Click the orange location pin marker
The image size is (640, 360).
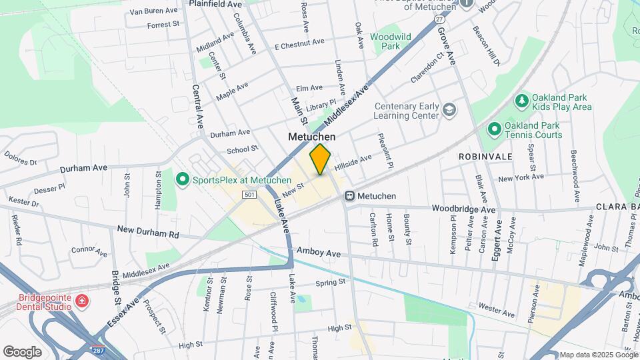pos(320,159)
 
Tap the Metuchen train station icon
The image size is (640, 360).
pos(349,196)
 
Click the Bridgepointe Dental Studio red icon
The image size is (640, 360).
pos(81,301)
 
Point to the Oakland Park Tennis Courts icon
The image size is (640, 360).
pos(494,129)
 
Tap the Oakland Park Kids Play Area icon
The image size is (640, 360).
pos(522,101)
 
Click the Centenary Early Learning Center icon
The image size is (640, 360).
pos(450,109)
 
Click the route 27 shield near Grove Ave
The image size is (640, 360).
pos(439,20)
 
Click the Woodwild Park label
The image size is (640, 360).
pos(385,41)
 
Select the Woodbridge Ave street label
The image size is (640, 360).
pos(463,209)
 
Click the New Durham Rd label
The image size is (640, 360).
pos(148,231)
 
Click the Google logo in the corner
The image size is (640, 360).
pos(22,351)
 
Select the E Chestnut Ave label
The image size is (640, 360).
pos(300,43)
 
